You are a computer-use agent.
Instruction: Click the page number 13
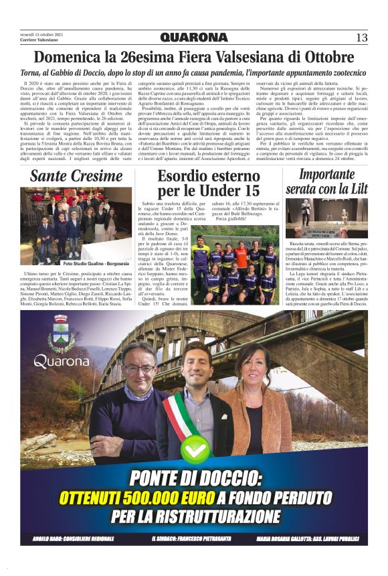pyautogui.click(x=361, y=37)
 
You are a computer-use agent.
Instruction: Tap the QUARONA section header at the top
pyautogui.click(x=194, y=38)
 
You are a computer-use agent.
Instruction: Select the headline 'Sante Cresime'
pyautogui.click(x=76, y=177)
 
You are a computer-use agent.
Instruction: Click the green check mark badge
pyautogui.click(x=193, y=449)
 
